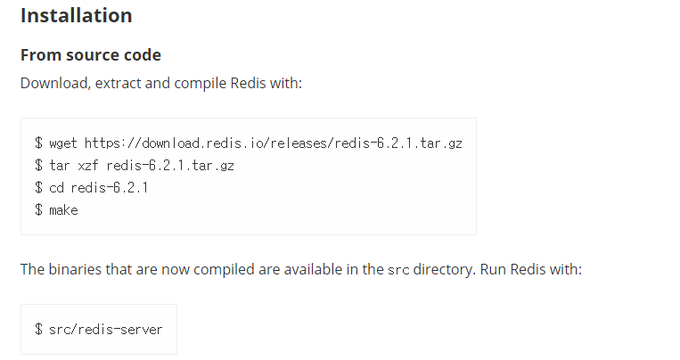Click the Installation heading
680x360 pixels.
(76, 16)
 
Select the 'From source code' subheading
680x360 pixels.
(91, 55)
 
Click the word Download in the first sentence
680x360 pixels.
(53, 83)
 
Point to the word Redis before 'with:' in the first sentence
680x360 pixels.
(252, 83)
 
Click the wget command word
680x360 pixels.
(63, 143)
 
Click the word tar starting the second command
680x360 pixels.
(60, 165)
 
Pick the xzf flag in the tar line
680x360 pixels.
(89, 165)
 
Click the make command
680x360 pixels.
(63, 210)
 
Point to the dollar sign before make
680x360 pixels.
(38, 210)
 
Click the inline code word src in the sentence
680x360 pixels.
(398, 269)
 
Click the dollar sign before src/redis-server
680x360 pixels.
(38, 330)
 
